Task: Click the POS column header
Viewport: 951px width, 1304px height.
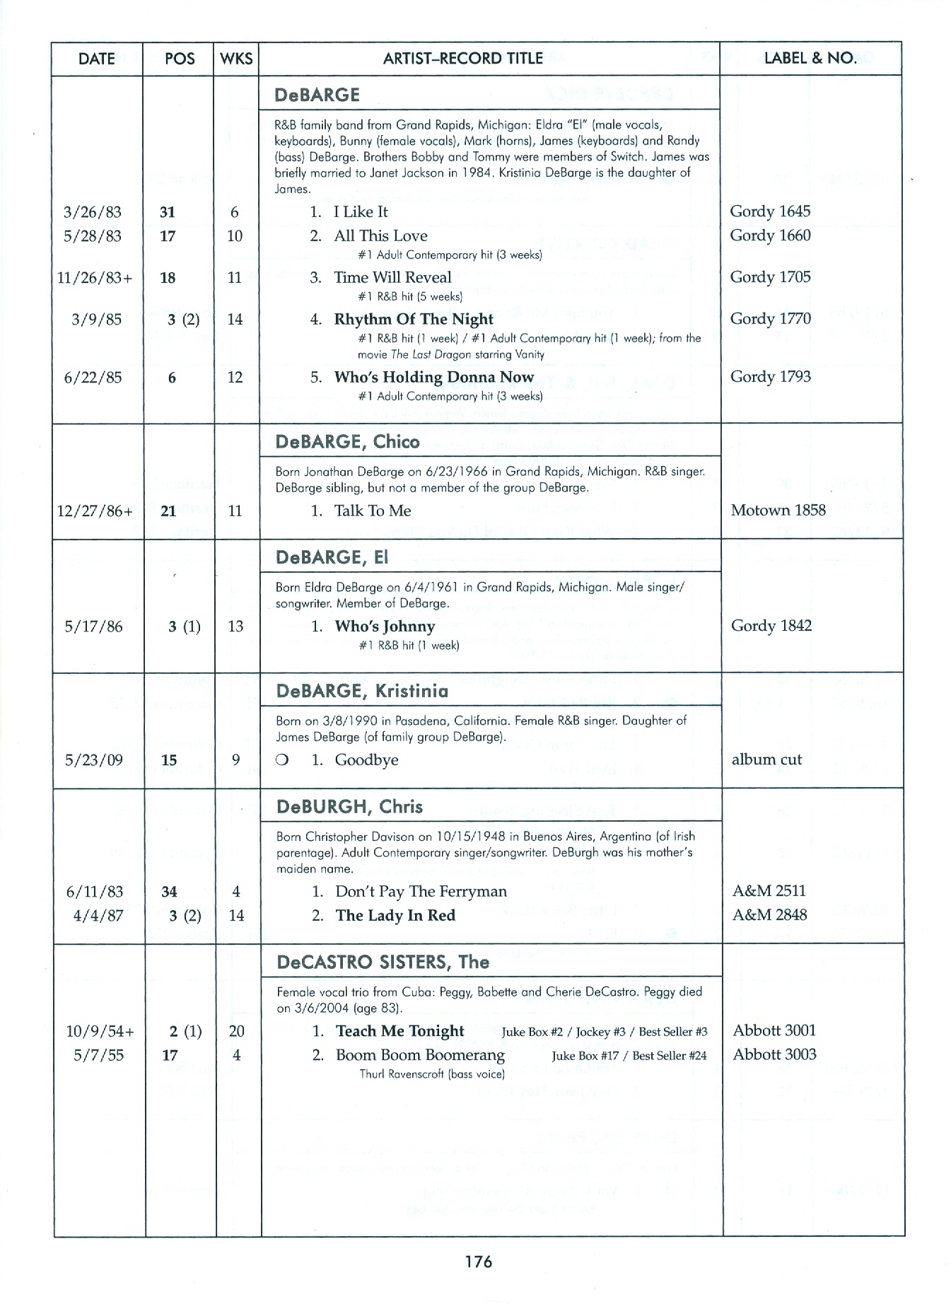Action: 179,59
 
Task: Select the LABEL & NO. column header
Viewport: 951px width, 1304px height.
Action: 810,58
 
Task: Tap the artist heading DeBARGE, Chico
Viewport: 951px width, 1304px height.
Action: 347,442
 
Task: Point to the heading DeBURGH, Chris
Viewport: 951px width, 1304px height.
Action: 349,807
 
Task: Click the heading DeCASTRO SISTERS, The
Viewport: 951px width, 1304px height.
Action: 383,962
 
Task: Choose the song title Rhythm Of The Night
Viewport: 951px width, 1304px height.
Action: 414,319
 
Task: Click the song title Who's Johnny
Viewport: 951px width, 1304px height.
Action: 385,626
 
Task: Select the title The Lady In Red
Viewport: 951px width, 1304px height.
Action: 395,915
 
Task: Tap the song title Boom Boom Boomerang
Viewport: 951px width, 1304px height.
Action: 420,1055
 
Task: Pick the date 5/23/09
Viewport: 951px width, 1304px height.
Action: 94,760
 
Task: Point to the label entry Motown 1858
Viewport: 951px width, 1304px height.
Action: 778,510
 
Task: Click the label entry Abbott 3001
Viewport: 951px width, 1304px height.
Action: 774,1030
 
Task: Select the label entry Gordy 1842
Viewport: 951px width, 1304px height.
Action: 771,626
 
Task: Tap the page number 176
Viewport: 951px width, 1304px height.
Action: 478,1261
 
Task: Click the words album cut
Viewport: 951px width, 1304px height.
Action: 767,759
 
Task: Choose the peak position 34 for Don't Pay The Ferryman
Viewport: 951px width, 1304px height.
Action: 169,892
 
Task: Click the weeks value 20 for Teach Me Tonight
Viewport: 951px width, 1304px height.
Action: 236,1031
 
